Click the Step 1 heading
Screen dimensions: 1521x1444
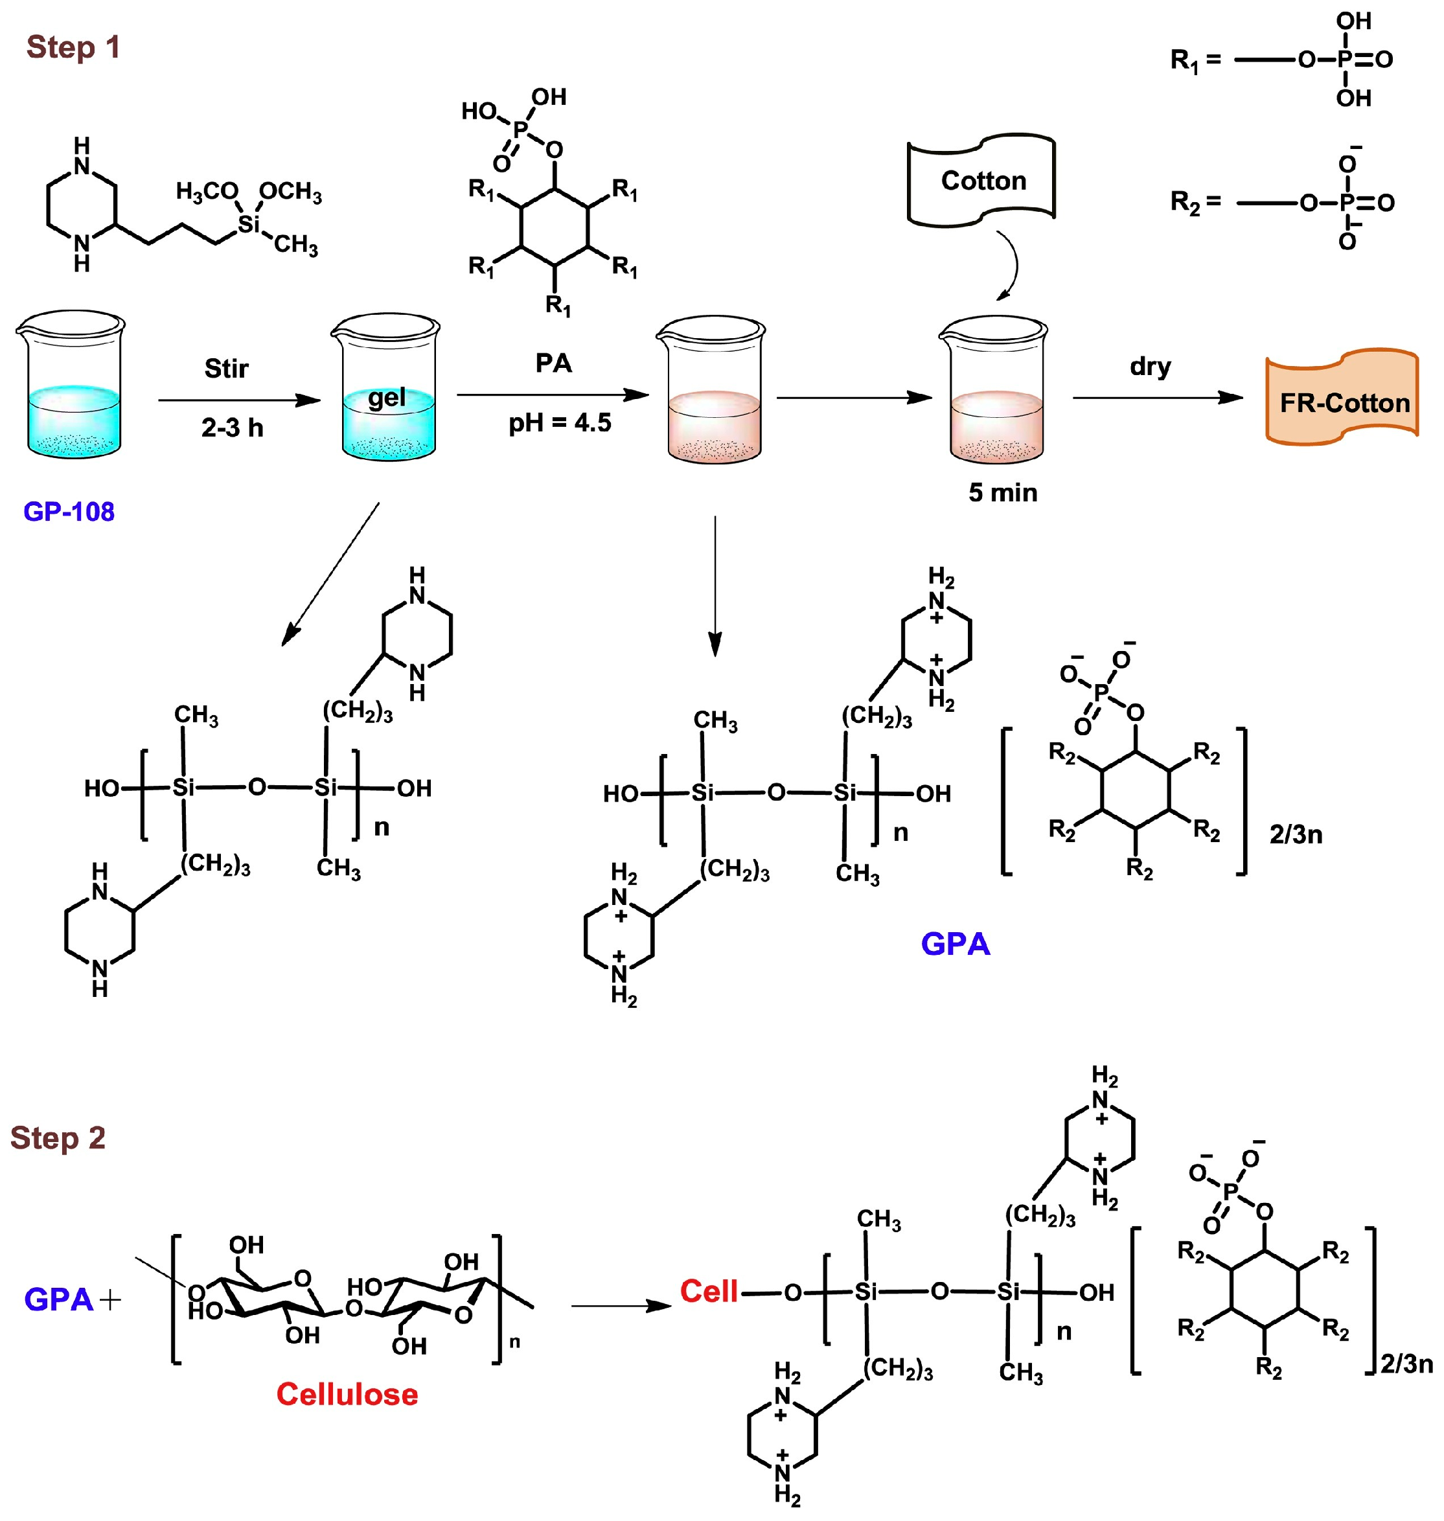[73, 48]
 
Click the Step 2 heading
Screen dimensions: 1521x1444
[58, 1138]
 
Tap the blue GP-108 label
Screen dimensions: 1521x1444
[69, 512]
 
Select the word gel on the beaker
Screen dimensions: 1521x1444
[386, 398]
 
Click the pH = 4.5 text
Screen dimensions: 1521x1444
[560, 422]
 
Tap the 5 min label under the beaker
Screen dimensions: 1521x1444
[1002, 492]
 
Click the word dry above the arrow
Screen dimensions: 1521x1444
[1150, 367]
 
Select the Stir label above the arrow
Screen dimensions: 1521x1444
[226, 369]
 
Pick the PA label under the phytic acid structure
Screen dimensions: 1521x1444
[553, 363]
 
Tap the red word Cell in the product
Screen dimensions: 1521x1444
[709, 1291]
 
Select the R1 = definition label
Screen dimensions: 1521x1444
[1195, 60]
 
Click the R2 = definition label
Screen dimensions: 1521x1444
[1195, 203]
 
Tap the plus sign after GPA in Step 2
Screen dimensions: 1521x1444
[111, 1300]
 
